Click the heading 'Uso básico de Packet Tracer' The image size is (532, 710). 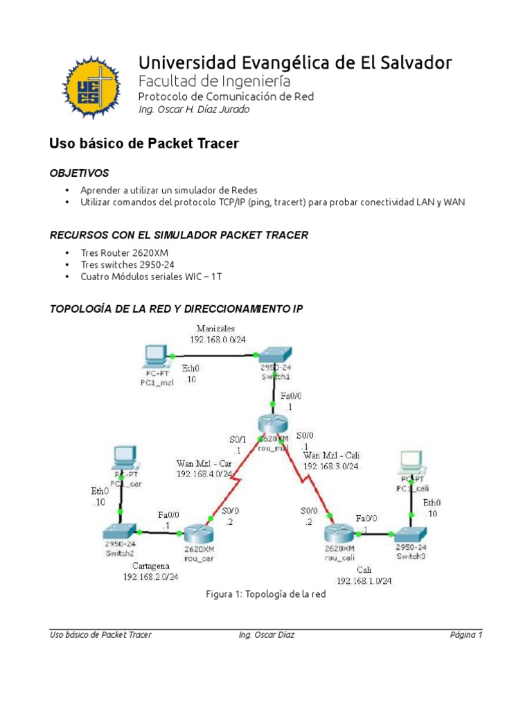pos(143,144)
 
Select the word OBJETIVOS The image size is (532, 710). pos(79,173)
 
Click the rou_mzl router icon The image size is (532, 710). pos(272,424)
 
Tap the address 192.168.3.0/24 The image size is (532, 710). pos(331,467)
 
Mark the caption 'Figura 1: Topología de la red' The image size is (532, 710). pos(266,595)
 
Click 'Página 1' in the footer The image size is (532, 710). pos(464,634)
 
